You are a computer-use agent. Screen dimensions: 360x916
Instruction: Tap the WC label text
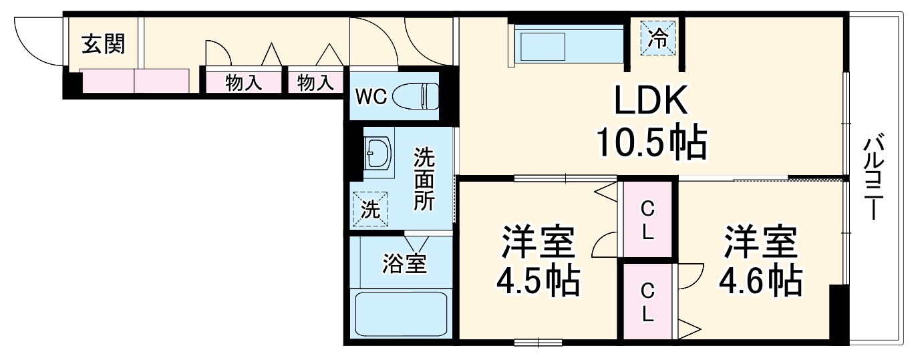[x=370, y=97]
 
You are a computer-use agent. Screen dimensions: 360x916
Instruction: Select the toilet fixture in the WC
[x=416, y=96]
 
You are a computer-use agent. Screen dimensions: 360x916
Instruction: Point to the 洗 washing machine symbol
[x=370, y=209]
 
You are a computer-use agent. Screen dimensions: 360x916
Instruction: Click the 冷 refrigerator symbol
[x=659, y=38]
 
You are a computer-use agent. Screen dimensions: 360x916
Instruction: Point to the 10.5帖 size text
[x=650, y=142]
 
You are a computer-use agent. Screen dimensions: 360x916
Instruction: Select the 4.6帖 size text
[x=760, y=281]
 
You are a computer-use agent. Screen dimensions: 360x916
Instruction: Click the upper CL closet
[x=647, y=220]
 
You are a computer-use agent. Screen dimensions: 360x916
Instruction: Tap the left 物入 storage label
[x=243, y=83]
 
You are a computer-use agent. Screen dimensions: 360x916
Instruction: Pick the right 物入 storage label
[x=315, y=83]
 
